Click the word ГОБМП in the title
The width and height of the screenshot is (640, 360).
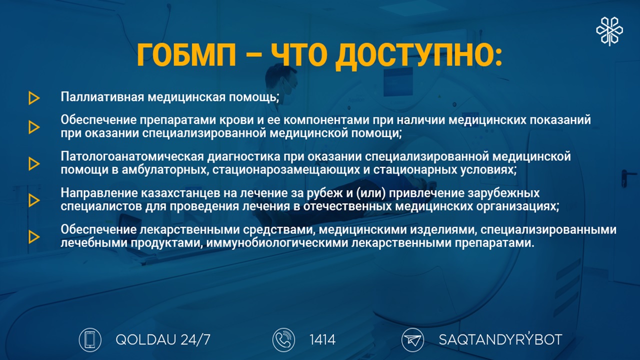click(x=186, y=55)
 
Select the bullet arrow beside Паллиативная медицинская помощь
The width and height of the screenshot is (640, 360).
click(x=34, y=98)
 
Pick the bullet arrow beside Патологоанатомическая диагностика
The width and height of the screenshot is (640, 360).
click(x=34, y=163)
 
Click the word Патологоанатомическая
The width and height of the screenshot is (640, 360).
click(x=132, y=156)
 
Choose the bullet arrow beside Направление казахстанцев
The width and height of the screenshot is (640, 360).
click(x=34, y=200)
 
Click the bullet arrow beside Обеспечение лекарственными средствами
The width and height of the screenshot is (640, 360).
click(x=34, y=237)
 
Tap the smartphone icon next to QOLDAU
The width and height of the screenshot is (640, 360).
click(x=90, y=339)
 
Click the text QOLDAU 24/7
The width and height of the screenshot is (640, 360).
click(x=163, y=339)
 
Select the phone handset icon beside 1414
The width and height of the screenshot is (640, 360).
click(x=283, y=339)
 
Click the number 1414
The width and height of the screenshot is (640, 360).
click(x=322, y=339)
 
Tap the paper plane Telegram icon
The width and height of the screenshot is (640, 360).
click(x=412, y=339)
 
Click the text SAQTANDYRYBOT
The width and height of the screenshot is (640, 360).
click(x=500, y=339)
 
